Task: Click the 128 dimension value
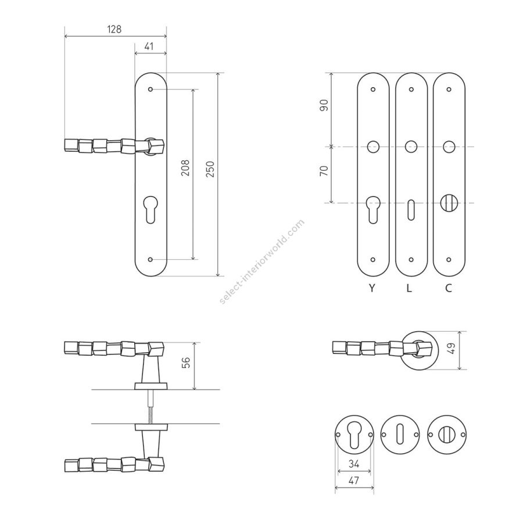[x=114, y=30]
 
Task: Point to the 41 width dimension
[x=149, y=46]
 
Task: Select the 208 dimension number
[x=186, y=168]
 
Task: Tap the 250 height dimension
[x=210, y=169]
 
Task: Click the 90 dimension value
[x=324, y=105]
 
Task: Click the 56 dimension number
[x=186, y=363]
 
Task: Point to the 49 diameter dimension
[x=452, y=349]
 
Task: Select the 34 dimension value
[x=354, y=464]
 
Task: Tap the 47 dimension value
[x=354, y=481]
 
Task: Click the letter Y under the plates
[x=372, y=288]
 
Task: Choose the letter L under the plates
[x=410, y=288]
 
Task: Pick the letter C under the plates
[x=449, y=288]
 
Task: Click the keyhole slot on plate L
[x=411, y=210]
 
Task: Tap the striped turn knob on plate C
[x=449, y=203]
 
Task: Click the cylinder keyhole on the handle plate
[x=151, y=209]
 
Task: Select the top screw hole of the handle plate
[x=151, y=89]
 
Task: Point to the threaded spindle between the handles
[x=151, y=407]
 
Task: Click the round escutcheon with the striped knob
[x=447, y=434]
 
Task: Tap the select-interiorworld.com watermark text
[x=262, y=261]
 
